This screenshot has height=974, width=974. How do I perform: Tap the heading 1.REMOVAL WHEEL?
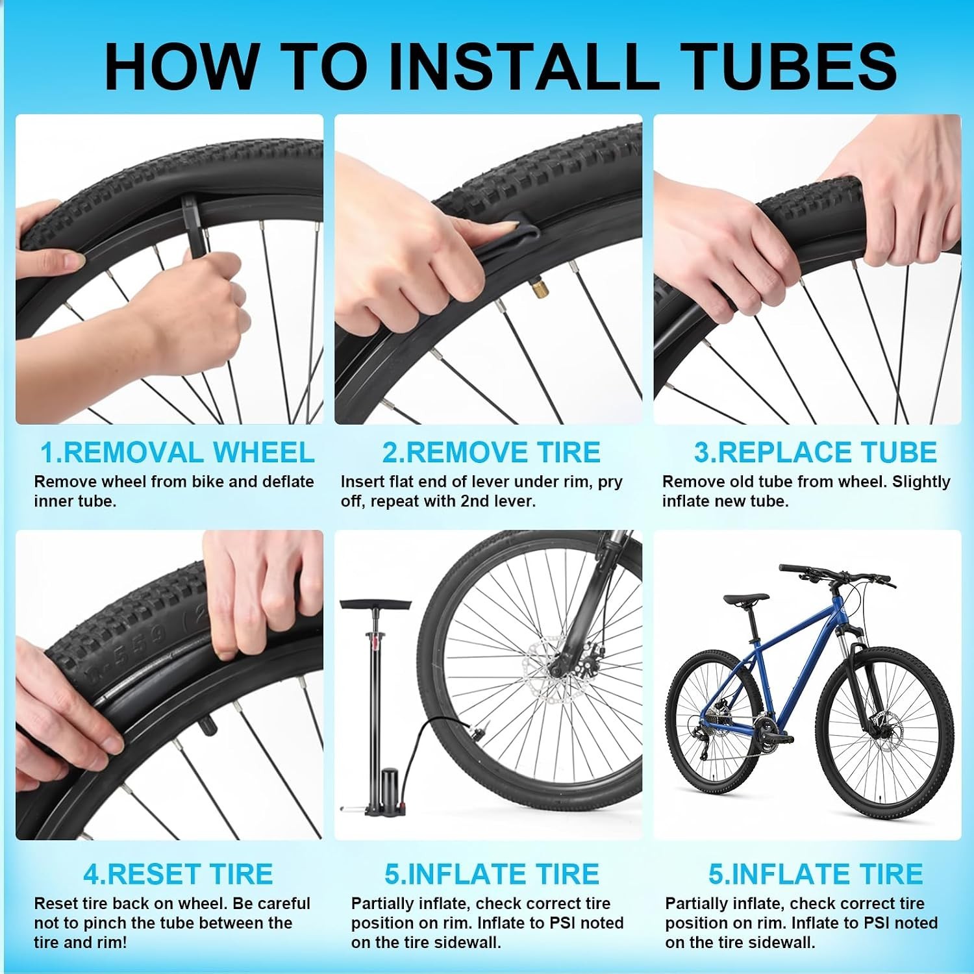177,453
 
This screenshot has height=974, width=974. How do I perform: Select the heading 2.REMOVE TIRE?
491,453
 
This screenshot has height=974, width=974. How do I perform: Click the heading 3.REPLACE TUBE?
816,453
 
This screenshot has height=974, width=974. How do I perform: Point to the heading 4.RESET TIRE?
178,874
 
